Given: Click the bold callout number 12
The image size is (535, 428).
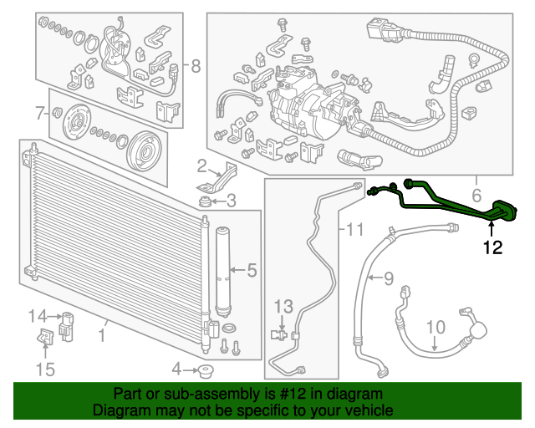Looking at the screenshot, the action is pos(492,247).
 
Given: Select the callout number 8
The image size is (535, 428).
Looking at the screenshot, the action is pos(196,66).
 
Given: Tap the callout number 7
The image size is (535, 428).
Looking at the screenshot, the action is pos(40,113).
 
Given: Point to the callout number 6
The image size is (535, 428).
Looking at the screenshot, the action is pos(476,196).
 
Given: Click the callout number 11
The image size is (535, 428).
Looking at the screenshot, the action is pos(354,229).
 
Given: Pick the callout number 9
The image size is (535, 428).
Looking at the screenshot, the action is pos(389,278).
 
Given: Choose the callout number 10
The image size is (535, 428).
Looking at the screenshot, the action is pos(436,327).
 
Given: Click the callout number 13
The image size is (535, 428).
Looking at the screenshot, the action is pos(284,307).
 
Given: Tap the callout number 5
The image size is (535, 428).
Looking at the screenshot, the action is pos(252,270).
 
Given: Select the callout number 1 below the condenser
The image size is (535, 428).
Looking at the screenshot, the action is pos(102,335).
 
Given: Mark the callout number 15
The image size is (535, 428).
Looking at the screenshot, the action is pos(45,369).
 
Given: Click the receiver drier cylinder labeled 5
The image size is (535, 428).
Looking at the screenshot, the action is pos(223,272).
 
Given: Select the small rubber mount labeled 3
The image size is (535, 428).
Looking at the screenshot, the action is pos(205,201).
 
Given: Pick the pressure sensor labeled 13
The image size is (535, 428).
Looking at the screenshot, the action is pos(279,334).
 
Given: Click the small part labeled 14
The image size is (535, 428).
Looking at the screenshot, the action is pos(67,326).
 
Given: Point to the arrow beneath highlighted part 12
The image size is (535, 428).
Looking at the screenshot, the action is pos(492,229).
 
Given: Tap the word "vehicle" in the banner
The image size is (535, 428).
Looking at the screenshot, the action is pos(372,410).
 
